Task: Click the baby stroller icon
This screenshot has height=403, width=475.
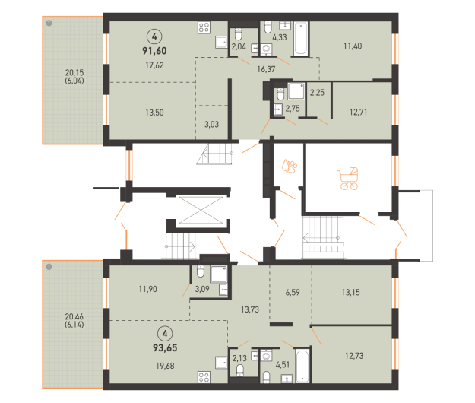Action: (348, 179)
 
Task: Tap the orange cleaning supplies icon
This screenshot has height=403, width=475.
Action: (290, 166)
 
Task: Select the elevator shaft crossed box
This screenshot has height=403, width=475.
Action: (201, 210)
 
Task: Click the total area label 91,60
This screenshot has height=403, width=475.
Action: (154, 51)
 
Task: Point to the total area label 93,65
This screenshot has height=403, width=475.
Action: (165, 347)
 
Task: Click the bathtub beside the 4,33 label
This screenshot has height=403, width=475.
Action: (300, 38)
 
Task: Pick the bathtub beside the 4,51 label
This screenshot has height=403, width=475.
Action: (302, 366)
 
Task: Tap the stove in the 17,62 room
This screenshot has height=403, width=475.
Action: (204, 27)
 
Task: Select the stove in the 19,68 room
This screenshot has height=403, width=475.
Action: (204, 377)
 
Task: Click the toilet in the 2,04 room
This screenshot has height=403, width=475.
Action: (239, 34)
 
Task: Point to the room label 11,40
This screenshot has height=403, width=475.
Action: (353, 46)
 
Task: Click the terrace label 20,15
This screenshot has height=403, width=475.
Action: (74, 72)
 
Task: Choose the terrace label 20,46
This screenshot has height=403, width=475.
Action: (74, 316)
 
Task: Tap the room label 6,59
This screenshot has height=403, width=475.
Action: (293, 292)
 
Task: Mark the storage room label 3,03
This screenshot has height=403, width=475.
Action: (211, 124)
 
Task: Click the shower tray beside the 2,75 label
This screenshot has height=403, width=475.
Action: (296, 91)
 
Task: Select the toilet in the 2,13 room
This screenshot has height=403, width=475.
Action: (240, 370)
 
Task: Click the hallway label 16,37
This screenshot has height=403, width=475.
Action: (266, 69)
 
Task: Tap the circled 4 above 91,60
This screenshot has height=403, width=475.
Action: (154, 36)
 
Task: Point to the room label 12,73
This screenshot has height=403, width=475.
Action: (354, 355)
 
